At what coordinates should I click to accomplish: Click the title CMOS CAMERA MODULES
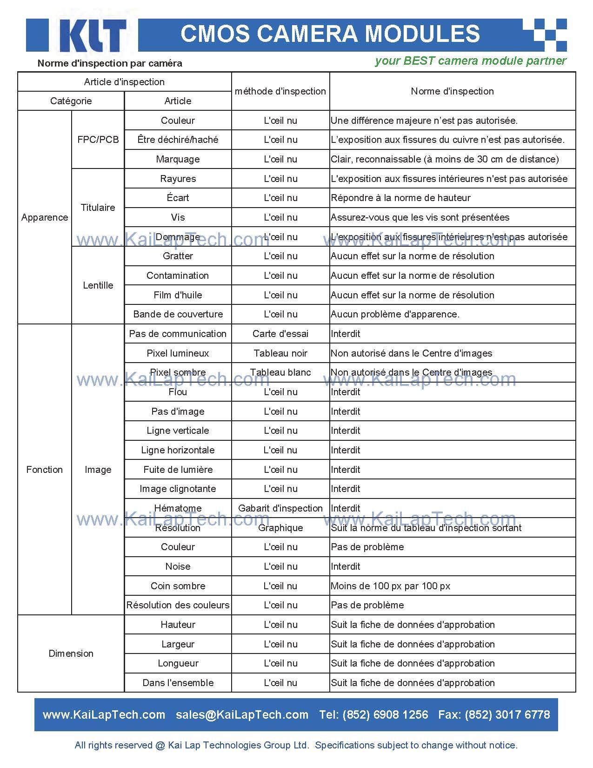click(x=330, y=34)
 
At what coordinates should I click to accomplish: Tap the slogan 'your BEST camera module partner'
click(x=470, y=61)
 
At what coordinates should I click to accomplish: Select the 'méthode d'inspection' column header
click(x=280, y=91)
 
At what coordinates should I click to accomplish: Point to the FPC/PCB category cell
click(x=98, y=140)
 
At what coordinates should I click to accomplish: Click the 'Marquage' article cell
click(x=178, y=159)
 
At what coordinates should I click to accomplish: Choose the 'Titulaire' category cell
click(x=98, y=208)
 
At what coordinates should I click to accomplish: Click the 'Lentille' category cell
click(x=98, y=285)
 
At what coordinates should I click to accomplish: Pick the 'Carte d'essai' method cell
click(x=280, y=334)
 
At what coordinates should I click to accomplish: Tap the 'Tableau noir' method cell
click(x=280, y=353)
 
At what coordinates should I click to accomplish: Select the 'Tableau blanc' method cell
click(x=280, y=372)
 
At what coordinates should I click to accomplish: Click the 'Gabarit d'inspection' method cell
click(x=280, y=508)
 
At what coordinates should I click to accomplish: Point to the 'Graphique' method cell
click(x=280, y=528)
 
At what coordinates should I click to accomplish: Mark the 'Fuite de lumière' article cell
click(x=178, y=470)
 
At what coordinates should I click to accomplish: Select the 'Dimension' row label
click(x=71, y=653)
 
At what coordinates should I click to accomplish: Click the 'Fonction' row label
click(x=44, y=470)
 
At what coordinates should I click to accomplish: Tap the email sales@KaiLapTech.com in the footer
click(x=242, y=715)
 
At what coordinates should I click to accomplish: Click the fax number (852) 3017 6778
click(x=507, y=715)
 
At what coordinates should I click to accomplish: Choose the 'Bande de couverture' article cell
click(x=178, y=314)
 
